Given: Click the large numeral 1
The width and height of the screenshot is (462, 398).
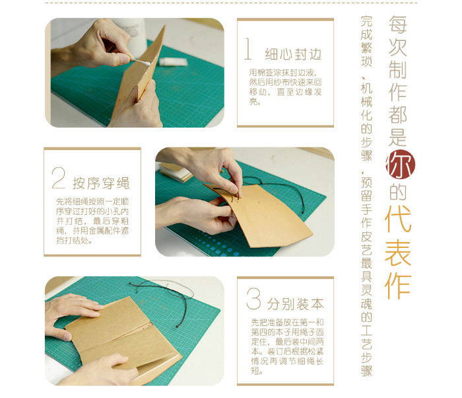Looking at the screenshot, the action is tap(248, 48).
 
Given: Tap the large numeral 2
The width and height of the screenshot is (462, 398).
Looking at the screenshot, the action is tap(58, 178).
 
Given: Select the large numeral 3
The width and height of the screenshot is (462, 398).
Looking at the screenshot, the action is tap(253, 299).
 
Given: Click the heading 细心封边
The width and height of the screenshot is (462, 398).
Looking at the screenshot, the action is tap(293, 54).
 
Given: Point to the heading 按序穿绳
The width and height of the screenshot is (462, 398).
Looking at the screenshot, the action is tap(101, 183).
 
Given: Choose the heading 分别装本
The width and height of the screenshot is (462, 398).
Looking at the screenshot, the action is tap(296, 304).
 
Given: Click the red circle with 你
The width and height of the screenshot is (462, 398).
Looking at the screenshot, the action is tap(400, 165).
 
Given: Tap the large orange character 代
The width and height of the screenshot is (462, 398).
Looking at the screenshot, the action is tap(398, 218).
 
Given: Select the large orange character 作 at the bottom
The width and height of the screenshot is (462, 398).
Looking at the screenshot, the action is tap(398, 286).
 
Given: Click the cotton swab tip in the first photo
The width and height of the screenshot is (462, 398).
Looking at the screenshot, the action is tap(146, 63).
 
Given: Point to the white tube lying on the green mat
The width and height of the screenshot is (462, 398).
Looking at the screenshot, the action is tap(173, 61).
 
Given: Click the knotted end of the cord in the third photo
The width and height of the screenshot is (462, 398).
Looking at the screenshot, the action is tap(178, 326).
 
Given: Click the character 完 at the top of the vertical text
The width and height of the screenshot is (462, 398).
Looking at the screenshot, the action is tap(366, 21).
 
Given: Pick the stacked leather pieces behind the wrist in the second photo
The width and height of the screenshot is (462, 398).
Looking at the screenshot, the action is tap(176, 173).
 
